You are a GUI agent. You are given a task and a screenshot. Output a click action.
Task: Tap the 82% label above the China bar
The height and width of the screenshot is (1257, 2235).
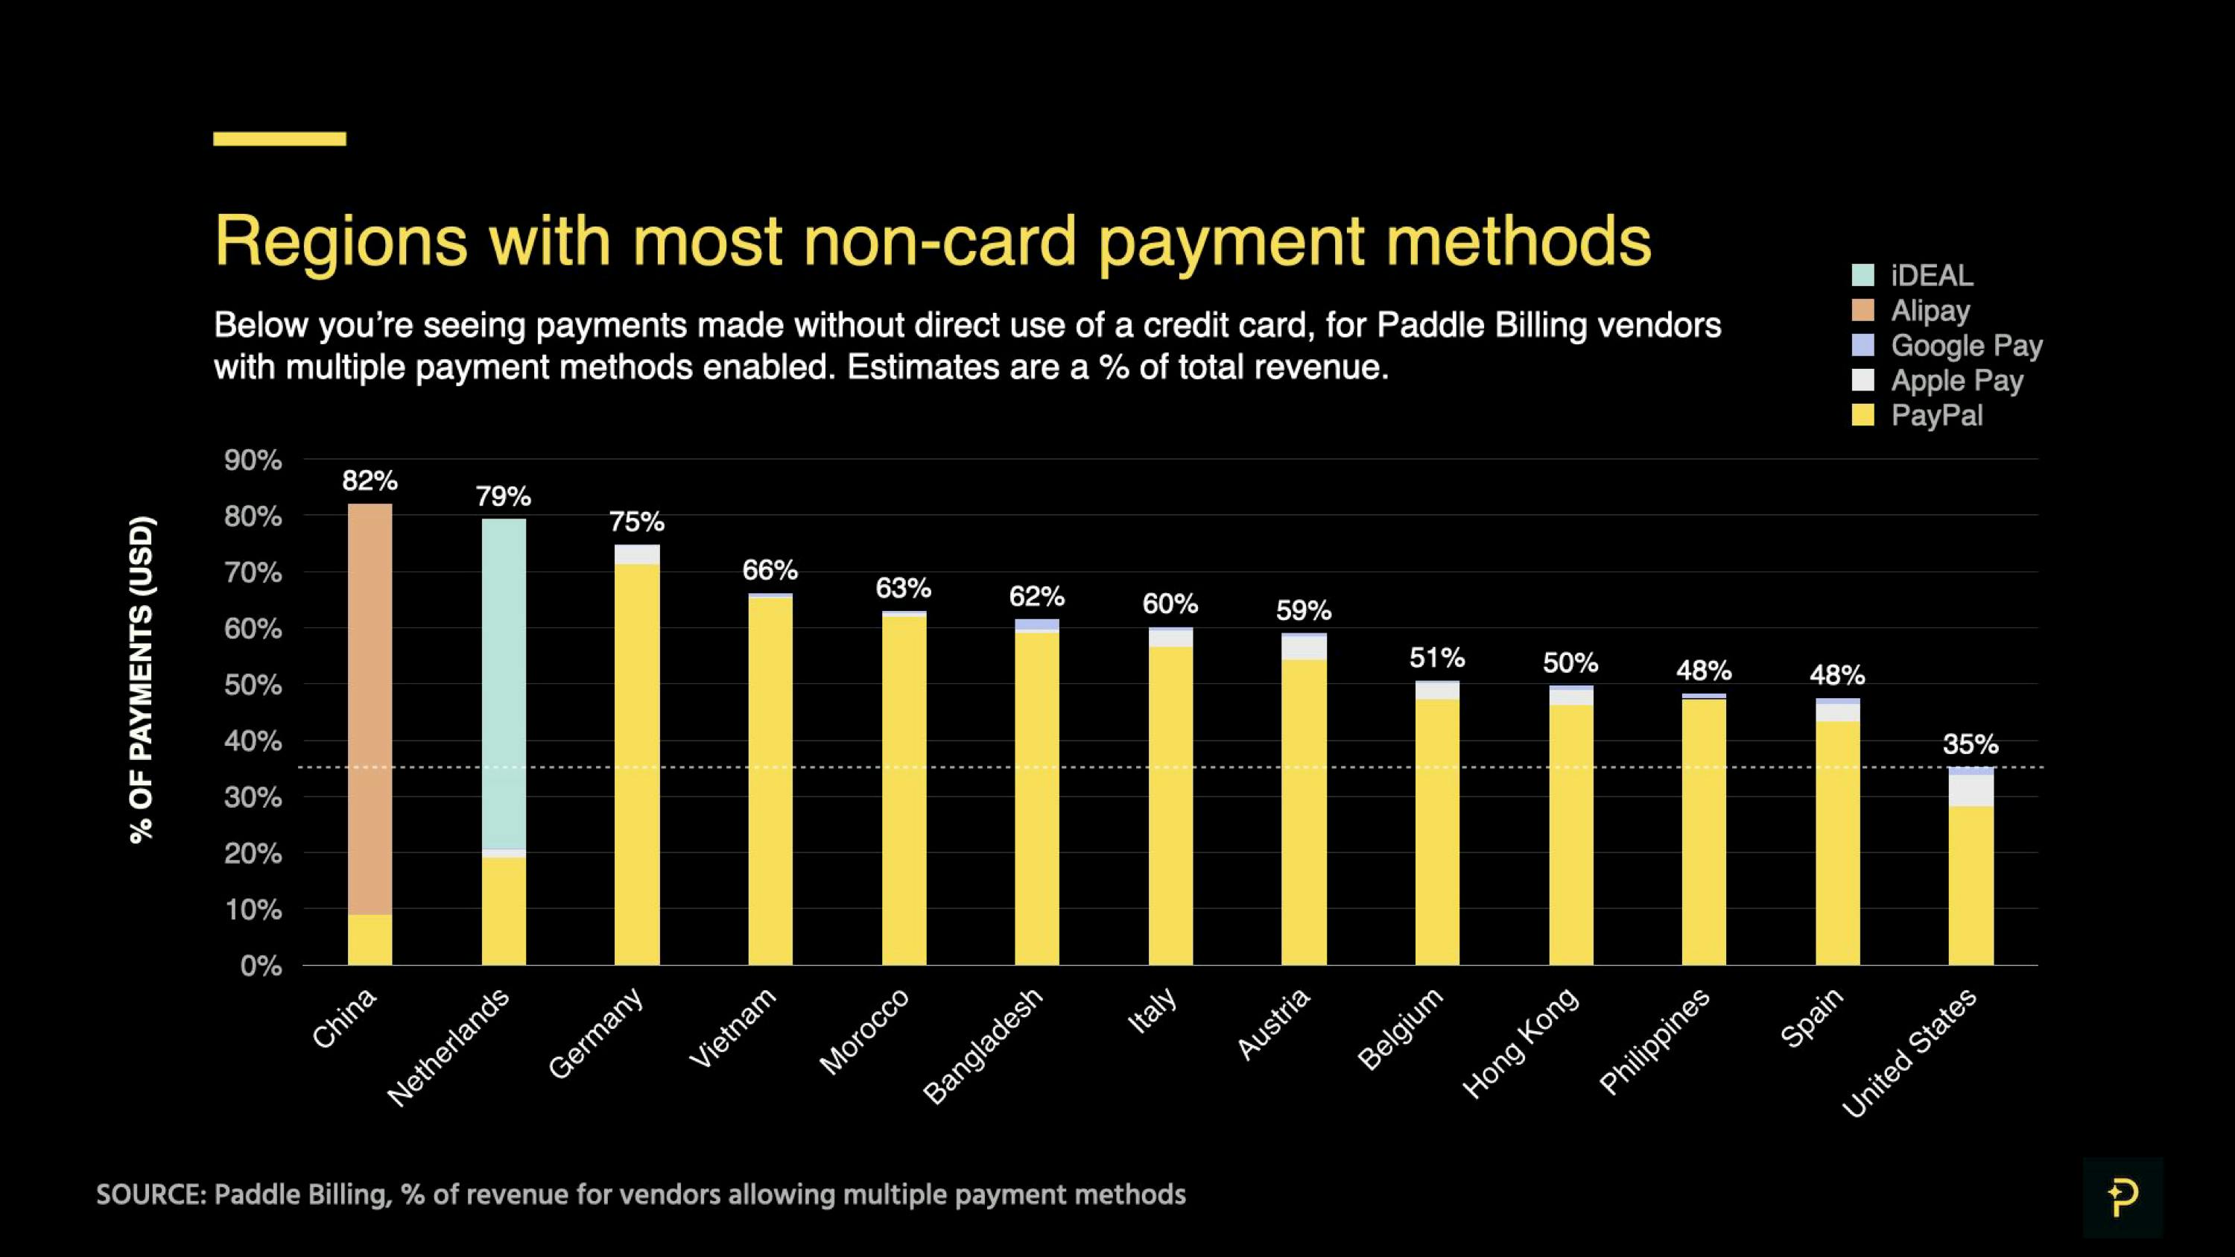coord(370,481)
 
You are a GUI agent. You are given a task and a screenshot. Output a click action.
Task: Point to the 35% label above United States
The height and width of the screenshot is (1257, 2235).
coord(1971,744)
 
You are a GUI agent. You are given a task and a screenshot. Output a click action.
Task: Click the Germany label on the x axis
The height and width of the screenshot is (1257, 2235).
coord(597,1033)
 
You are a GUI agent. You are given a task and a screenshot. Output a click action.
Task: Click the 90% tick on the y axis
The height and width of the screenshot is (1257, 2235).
coord(253,460)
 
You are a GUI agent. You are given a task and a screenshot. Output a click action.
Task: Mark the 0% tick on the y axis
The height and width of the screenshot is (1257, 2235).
coord(260,966)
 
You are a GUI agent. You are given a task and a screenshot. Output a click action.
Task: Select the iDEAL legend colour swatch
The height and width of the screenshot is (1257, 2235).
coord(1862,275)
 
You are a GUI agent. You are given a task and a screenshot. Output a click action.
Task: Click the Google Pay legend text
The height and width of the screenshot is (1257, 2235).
coord(1966,345)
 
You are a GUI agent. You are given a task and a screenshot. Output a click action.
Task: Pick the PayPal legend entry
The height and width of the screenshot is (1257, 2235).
coord(1936,416)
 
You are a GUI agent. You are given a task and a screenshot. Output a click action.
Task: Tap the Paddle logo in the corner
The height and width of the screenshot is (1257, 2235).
coord(2123,1197)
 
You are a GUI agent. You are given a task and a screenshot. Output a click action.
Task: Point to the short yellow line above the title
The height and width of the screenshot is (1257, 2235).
coord(279,139)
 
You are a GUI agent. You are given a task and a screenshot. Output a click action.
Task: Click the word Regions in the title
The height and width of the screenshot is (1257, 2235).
coord(340,242)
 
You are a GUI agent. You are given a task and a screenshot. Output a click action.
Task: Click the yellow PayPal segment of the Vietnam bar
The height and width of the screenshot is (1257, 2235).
coord(770,781)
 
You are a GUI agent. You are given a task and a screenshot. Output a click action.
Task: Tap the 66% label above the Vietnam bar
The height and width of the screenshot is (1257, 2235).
coord(770,570)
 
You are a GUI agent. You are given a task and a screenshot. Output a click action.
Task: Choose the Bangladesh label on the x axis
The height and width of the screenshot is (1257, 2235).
coord(982,1046)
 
